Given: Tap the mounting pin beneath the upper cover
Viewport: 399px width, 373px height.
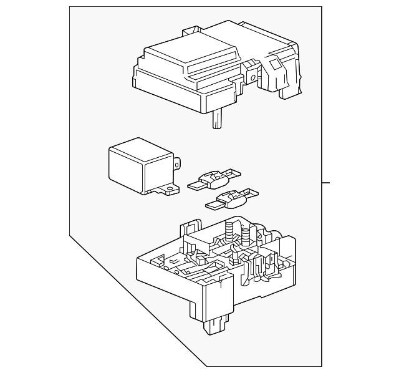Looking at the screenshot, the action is tap(216, 118).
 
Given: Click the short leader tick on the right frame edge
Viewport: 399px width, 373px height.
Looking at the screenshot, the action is tap(325, 183).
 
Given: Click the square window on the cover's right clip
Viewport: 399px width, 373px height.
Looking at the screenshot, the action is tap(273, 63).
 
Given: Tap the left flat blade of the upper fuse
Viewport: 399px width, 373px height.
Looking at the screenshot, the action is tap(195, 185).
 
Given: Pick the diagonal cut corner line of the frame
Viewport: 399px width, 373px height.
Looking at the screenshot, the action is tap(137, 299).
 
